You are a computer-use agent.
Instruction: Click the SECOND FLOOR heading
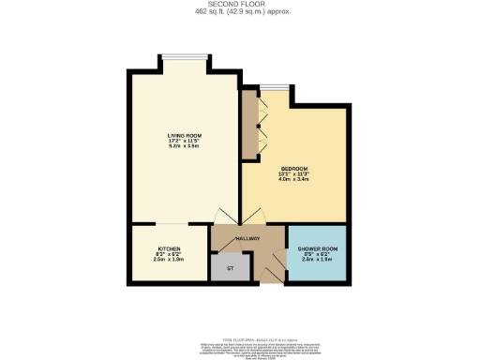pos(239,4)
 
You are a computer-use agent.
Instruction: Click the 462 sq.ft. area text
pos(239,11)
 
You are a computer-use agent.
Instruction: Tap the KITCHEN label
pos(169,247)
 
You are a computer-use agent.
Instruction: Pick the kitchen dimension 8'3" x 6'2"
pos(169,252)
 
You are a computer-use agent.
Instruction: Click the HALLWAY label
pos(247,239)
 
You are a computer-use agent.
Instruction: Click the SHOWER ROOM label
pos(317,249)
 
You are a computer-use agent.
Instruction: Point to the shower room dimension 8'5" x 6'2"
pos(317,255)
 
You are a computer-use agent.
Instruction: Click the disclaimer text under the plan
pos(239,343)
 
